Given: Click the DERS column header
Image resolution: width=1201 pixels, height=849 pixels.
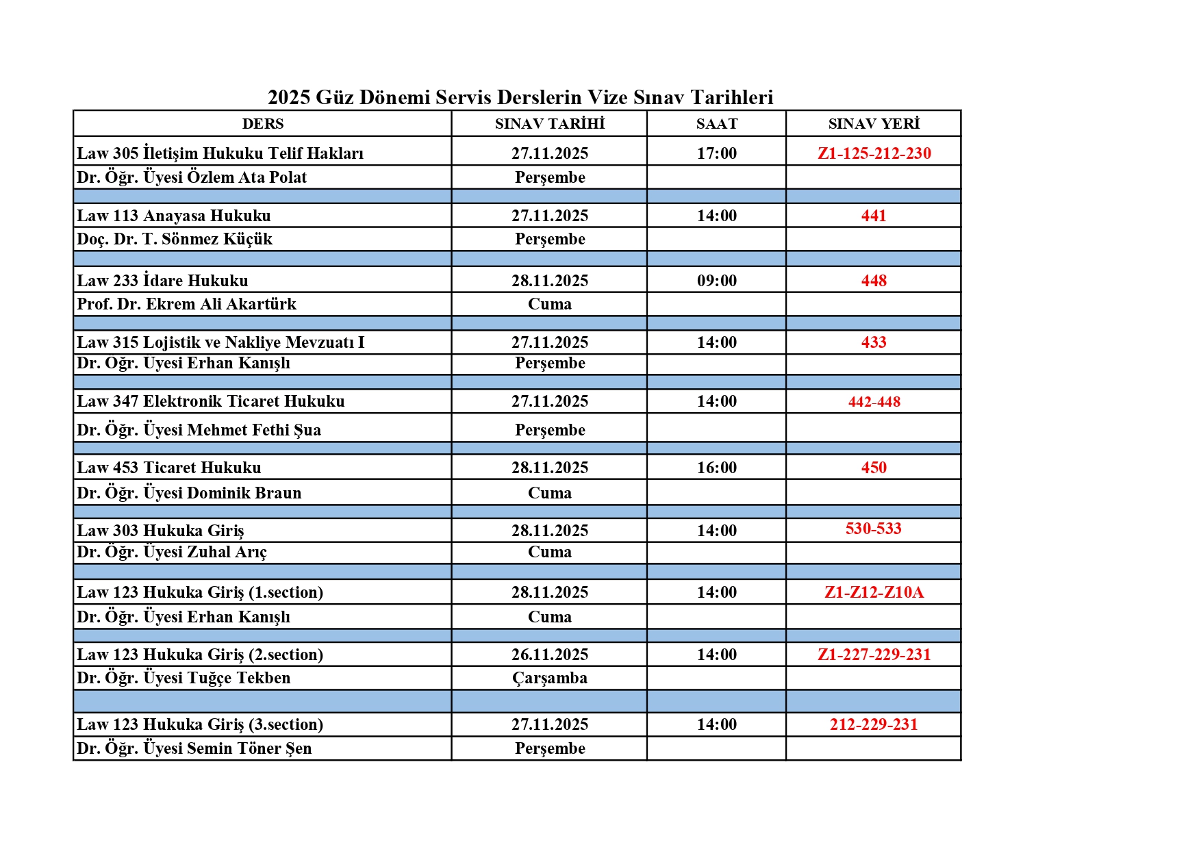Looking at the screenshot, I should coord(262,124).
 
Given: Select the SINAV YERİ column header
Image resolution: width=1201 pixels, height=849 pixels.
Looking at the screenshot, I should coord(873,124).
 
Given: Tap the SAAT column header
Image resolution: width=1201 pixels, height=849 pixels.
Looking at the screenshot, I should coord(716,124).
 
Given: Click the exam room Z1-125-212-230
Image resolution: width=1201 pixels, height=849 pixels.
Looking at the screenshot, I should coord(874,153).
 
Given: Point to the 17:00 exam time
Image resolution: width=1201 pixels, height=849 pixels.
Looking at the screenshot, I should coord(716,153).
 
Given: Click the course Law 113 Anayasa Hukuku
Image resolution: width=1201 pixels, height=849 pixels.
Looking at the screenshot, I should coord(174,216).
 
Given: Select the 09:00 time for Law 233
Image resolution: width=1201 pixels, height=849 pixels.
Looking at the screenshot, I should coord(716,281).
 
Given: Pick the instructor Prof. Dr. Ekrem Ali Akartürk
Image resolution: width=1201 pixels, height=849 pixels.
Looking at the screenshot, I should coord(186,304).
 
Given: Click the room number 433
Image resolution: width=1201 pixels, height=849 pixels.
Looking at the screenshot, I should coord(873,342).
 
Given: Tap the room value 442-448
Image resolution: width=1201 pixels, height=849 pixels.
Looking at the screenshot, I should coord(874,402).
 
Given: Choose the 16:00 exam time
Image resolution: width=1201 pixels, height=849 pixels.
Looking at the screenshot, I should coord(716,468).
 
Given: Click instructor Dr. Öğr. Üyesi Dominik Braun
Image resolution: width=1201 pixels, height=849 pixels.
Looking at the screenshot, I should coord(189,493).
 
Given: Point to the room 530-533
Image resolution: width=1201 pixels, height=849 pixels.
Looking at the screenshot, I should coord(873,529).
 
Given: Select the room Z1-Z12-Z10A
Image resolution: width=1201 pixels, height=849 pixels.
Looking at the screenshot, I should coord(874,592).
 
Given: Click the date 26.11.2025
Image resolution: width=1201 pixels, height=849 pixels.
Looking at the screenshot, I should coord(549,655).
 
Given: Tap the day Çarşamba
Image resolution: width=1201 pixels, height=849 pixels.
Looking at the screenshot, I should coord(549,678).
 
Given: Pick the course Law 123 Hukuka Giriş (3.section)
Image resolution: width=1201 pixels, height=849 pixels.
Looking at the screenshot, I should coord(200,724).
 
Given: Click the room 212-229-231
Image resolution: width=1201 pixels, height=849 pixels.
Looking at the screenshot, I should coord(873,724).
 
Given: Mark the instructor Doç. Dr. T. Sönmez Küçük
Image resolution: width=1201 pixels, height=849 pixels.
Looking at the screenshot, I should coord(175,239).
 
